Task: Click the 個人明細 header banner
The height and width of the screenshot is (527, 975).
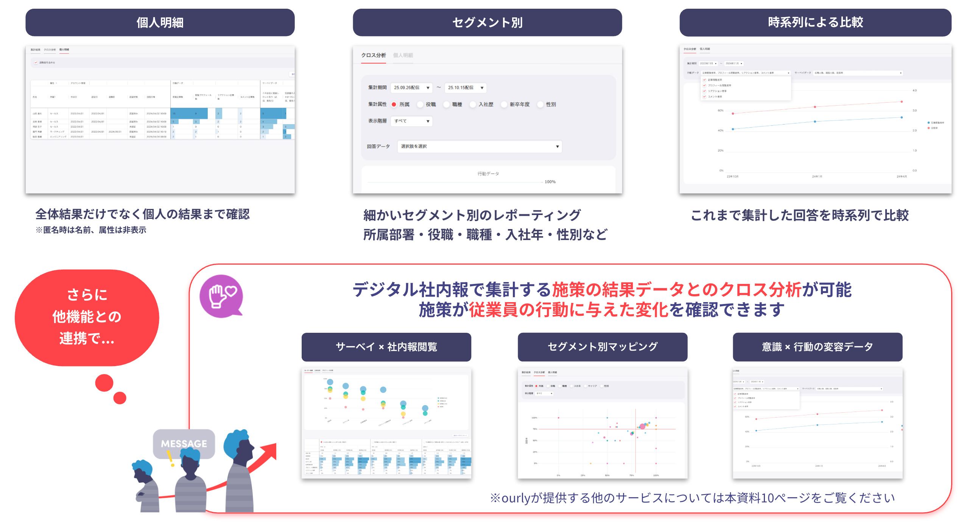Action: (x=160, y=23)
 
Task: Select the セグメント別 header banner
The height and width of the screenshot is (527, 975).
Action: (x=487, y=23)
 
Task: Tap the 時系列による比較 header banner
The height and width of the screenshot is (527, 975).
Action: (x=815, y=23)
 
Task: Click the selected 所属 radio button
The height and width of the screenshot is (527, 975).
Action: (x=394, y=104)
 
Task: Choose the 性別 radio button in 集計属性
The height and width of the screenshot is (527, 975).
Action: (x=540, y=104)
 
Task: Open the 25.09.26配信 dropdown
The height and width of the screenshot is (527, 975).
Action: (x=411, y=88)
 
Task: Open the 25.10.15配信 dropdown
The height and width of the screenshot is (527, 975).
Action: (x=465, y=88)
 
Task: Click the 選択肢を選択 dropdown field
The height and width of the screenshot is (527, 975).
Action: (x=479, y=147)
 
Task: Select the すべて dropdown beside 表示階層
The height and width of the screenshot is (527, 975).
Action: (x=411, y=121)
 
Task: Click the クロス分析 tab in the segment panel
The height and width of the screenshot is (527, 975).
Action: (x=373, y=55)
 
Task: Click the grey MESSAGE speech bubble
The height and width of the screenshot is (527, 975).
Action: (x=184, y=443)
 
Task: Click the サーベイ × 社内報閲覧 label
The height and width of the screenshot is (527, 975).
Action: (x=386, y=347)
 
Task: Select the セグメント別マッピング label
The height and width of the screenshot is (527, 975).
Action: (x=602, y=347)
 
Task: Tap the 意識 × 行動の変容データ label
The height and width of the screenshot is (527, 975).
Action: (x=817, y=347)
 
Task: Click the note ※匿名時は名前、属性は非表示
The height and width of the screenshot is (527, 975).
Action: (x=91, y=230)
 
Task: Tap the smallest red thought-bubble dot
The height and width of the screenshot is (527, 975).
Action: (x=120, y=398)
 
